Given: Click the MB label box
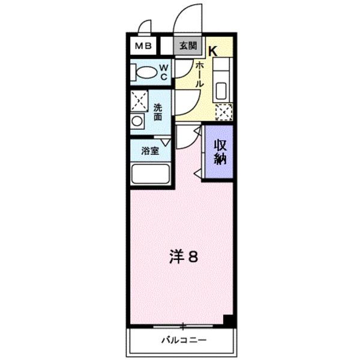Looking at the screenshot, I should pos(143,45).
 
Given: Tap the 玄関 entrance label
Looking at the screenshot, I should pos(187,45).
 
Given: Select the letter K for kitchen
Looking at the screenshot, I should pos(212,51).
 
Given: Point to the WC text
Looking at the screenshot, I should pos(163,72).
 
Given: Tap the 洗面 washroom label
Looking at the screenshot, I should pos(157,112).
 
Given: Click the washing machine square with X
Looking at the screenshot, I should pos(139,100).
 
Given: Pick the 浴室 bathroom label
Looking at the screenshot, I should pos(150,151).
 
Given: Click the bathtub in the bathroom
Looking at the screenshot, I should pos(150,174).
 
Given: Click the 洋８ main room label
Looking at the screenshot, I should pos(183,257).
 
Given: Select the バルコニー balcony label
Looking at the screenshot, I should pos(183,340).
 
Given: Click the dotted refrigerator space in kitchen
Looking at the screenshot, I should pos(223,112).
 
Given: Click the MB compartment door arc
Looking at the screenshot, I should pos(144,27).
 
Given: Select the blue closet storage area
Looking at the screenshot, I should pos(217,162).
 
